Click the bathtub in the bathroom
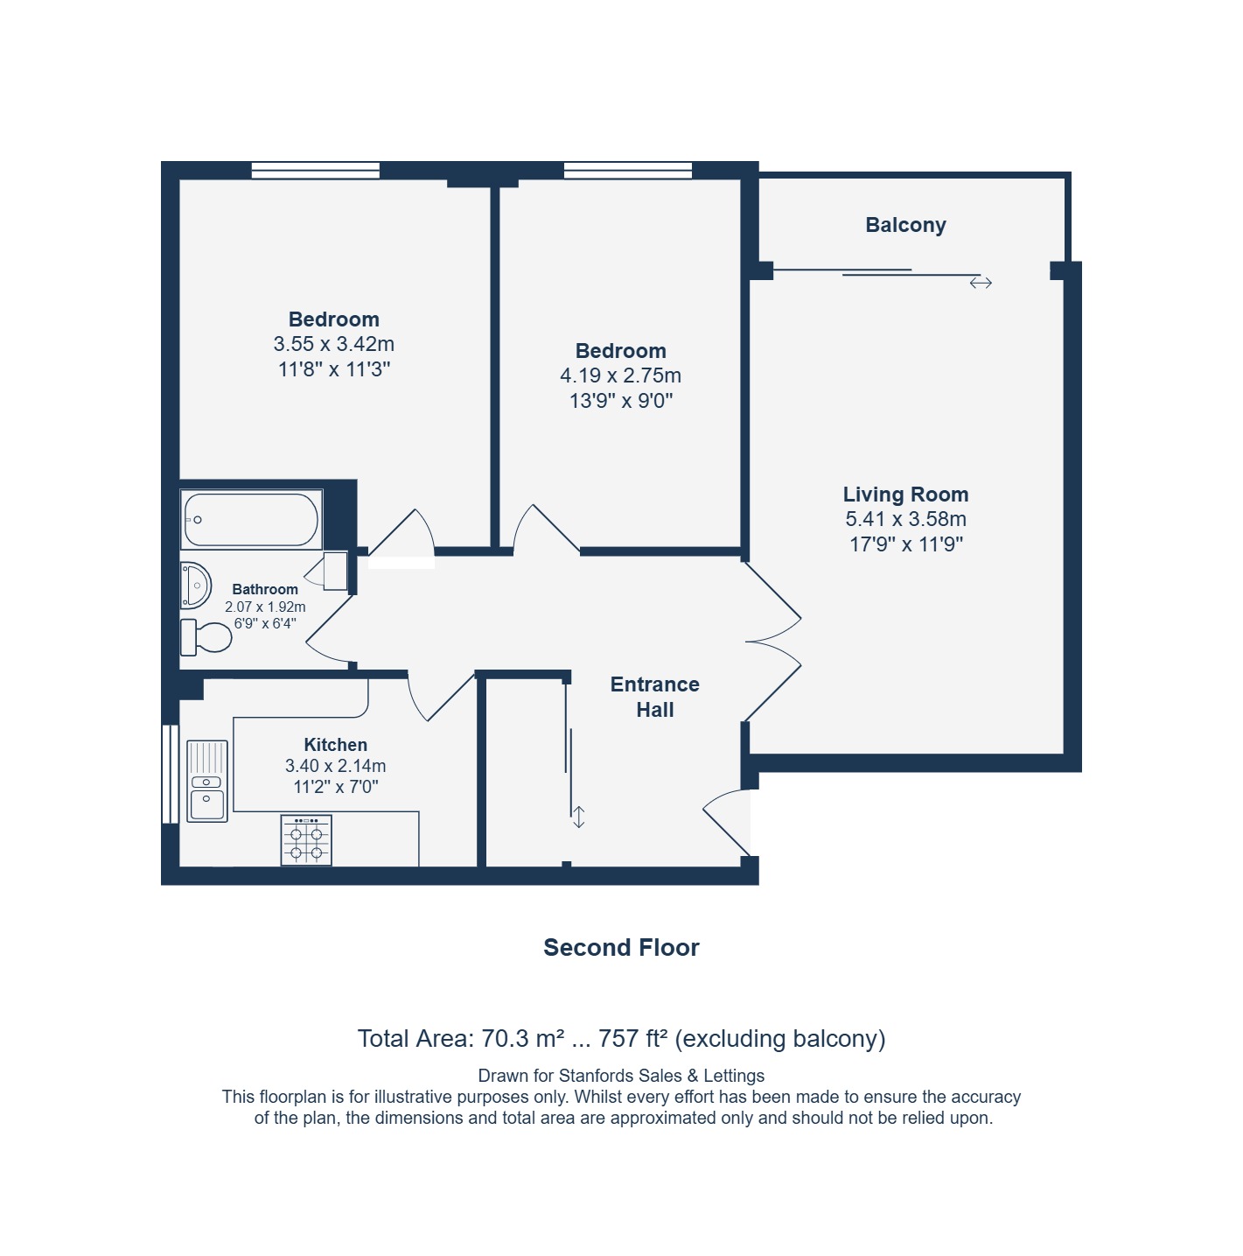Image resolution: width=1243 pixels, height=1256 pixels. [x=251, y=519]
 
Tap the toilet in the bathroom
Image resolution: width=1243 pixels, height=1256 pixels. [x=206, y=636]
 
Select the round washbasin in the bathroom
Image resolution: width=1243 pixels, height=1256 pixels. [x=195, y=585]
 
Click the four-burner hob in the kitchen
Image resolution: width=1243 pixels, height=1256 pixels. [x=306, y=839]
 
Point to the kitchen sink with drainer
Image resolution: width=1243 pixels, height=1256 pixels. [x=207, y=780]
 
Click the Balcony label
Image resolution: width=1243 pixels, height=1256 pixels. [x=904, y=225]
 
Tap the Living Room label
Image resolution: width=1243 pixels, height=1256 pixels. [x=905, y=494]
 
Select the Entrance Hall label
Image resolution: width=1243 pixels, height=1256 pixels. [x=654, y=696]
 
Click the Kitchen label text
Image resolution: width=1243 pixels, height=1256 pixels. [x=336, y=744]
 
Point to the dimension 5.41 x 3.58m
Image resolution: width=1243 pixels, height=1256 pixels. [x=905, y=519]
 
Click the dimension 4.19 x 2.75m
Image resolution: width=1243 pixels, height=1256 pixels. [x=620, y=375]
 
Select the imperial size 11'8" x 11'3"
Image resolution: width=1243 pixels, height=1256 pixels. [x=333, y=368]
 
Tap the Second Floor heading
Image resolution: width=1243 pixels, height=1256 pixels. [x=621, y=947]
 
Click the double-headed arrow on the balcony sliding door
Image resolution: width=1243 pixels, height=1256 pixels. [x=981, y=283]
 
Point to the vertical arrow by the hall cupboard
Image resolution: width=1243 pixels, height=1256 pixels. [x=578, y=817]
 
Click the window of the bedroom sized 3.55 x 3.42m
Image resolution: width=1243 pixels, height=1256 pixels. [x=315, y=170]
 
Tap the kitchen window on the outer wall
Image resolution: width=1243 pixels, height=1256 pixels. [x=170, y=774]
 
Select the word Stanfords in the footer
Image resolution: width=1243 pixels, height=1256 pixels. [x=596, y=1076]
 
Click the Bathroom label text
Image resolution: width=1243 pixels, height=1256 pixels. [x=265, y=589]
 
